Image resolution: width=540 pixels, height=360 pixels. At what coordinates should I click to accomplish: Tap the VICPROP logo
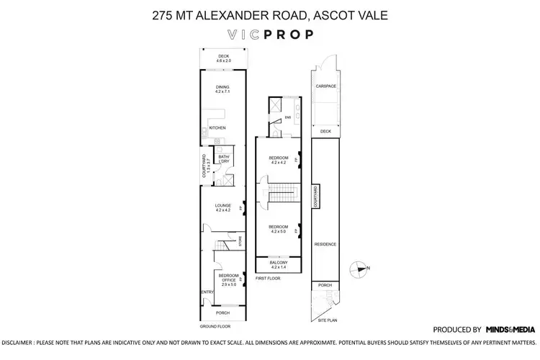coord(269,35)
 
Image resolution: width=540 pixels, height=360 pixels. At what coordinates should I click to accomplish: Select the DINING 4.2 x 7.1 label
coord(222,89)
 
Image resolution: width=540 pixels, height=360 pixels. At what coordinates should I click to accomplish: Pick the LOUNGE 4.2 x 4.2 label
coord(222,208)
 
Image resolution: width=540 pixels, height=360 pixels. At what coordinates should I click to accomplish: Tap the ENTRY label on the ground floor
coord(206,292)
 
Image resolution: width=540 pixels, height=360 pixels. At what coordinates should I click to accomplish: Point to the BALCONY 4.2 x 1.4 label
coord(278,265)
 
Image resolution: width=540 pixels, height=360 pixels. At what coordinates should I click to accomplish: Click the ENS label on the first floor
coord(287,117)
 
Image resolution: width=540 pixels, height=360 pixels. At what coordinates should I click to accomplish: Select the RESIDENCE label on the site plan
coord(325,244)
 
